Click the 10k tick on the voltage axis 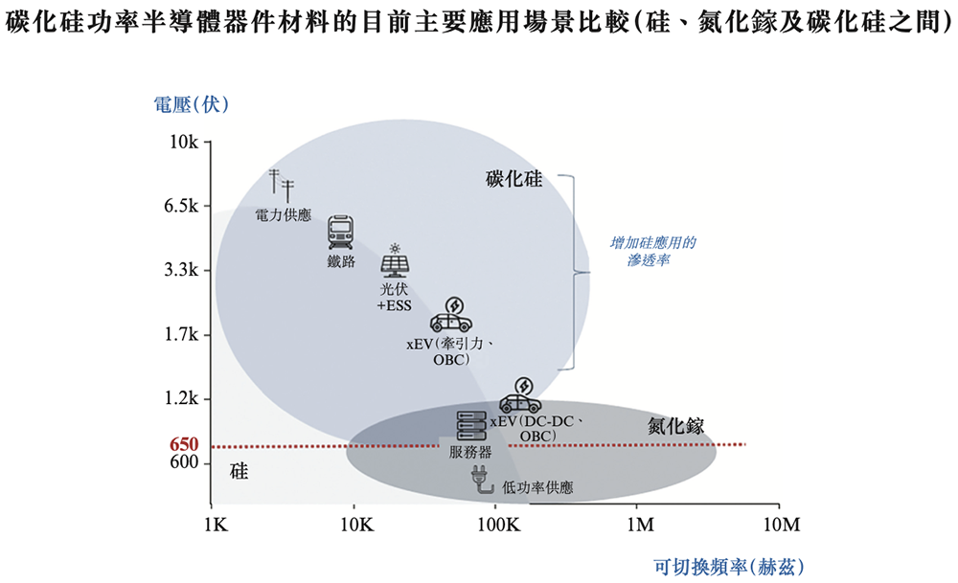[x=183, y=143]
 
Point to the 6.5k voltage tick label [x=178, y=207]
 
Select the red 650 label [x=183, y=445]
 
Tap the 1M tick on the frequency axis [x=639, y=526]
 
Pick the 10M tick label [x=780, y=526]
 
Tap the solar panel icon [x=394, y=262]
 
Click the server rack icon [x=470, y=425]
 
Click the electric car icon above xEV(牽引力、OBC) [x=450, y=315]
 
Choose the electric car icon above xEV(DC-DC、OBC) [x=520, y=395]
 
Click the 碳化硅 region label [x=513, y=179]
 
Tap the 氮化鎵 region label [x=675, y=426]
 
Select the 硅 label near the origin [x=239, y=471]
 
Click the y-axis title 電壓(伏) [x=192, y=104]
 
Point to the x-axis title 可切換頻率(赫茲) [x=729, y=566]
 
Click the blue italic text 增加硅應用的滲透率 [x=652, y=251]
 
